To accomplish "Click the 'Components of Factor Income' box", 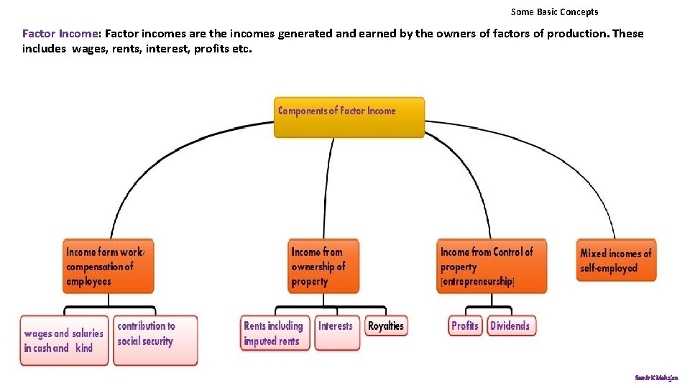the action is (x=349, y=117).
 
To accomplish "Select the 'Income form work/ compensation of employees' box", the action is (x=109, y=267).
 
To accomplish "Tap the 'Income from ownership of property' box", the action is (x=323, y=267).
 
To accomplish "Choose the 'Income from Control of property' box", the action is (x=492, y=267).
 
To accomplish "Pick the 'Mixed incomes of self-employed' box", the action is (x=616, y=260).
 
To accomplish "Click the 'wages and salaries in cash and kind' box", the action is (x=64, y=341).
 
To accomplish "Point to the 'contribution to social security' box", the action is (x=157, y=339).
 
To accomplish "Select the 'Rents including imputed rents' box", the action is (x=275, y=333).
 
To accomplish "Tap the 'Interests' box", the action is (x=336, y=333).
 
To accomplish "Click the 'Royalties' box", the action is (x=386, y=326).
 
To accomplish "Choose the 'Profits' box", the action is (x=465, y=326).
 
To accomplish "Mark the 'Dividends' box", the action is (x=511, y=326).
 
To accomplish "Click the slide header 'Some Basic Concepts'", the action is (x=554, y=11).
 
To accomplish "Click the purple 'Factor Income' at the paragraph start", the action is (x=61, y=34).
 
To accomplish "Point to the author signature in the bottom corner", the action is (x=656, y=377).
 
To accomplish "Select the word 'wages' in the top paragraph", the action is (x=86, y=49).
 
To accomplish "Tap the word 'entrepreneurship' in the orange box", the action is (x=477, y=282).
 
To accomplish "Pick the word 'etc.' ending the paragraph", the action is (x=242, y=49).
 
